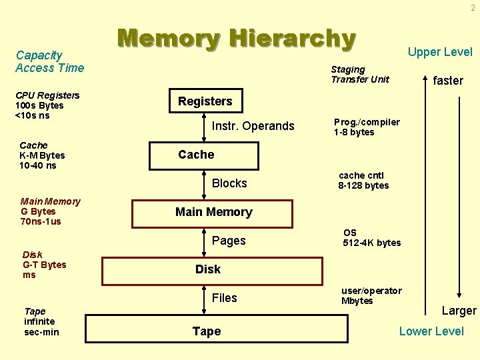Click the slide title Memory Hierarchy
point(237,39)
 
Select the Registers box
point(205,101)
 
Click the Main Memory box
point(213,212)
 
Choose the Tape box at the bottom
point(207,331)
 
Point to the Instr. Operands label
point(253,126)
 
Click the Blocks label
point(229,183)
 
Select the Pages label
point(229,241)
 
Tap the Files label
point(224,298)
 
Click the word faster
point(448,81)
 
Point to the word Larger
point(459,311)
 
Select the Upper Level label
point(440,52)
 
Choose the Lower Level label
point(431,331)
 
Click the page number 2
point(473,8)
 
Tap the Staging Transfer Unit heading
point(360,75)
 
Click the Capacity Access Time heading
point(50,61)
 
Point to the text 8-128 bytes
point(363,186)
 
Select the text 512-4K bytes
point(372,243)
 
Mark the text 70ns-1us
point(41,221)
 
